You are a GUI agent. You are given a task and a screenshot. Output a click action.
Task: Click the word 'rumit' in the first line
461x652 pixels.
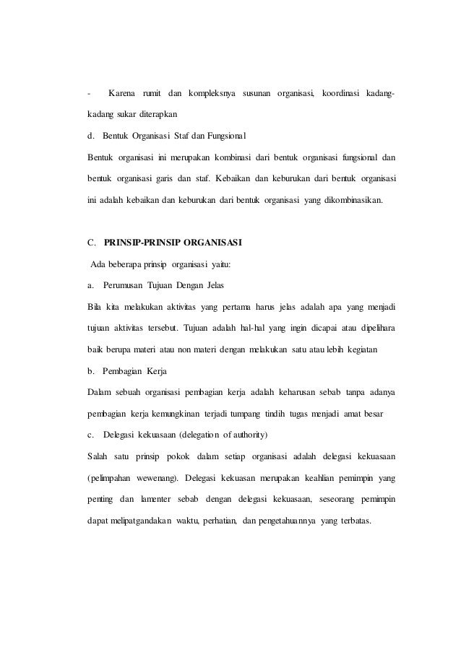[x=150, y=94]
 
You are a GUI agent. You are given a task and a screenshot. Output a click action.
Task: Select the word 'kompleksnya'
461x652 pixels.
[x=212, y=94]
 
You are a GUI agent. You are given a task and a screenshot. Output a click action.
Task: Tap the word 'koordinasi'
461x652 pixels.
[x=346, y=94]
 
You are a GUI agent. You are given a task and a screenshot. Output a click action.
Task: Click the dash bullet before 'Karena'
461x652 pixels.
[x=87, y=94]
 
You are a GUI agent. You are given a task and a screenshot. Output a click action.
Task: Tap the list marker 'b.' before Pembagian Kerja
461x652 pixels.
[x=90, y=372]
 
